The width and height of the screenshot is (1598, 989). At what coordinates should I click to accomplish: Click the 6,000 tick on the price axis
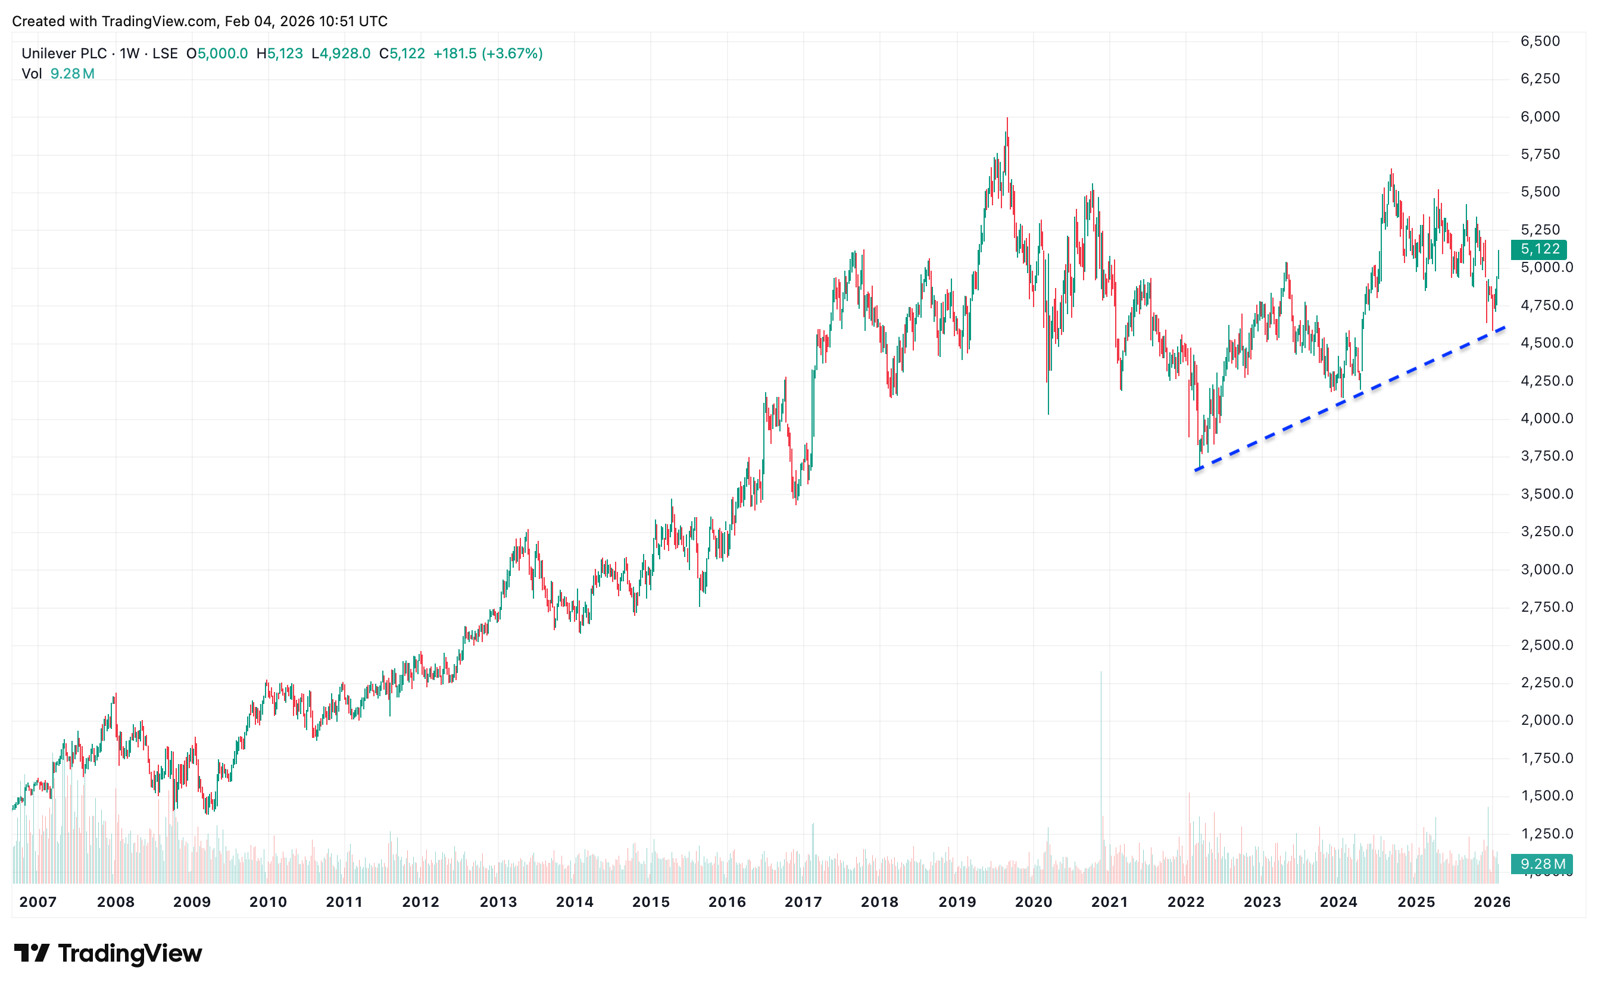(x=1540, y=117)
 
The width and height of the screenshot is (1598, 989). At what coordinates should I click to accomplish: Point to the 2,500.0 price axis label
(x=1546, y=645)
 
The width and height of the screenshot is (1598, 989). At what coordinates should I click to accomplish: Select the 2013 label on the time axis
(x=498, y=902)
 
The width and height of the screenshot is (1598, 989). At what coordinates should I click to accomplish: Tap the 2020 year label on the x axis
(x=1032, y=902)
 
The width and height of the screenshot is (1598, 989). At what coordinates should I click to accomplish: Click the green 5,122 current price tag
(x=1539, y=249)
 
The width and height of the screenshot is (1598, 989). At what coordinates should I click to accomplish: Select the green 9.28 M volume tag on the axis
(x=1541, y=864)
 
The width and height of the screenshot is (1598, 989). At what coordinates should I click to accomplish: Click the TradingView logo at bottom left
(x=108, y=953)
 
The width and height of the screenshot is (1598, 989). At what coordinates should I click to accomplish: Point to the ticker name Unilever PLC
(x=64, y=54)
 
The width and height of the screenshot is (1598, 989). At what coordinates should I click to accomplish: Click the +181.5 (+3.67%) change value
(x=488, y=54)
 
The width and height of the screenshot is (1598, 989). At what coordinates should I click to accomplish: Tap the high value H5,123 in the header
(x=279, y=54)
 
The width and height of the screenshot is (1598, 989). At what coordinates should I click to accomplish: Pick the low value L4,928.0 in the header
(x=341, y=54)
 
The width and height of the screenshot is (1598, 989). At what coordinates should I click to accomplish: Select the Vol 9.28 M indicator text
(x=58, y=74)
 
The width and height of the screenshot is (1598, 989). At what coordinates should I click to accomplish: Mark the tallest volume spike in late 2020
(x=1101, y=674)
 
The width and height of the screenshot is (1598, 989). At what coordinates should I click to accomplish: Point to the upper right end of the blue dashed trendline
(x=1505, y=327)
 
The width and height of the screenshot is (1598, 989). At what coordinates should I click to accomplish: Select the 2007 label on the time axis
(x=38, y=902)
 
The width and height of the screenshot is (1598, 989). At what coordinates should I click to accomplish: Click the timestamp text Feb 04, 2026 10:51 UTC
(x=305, y=21)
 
